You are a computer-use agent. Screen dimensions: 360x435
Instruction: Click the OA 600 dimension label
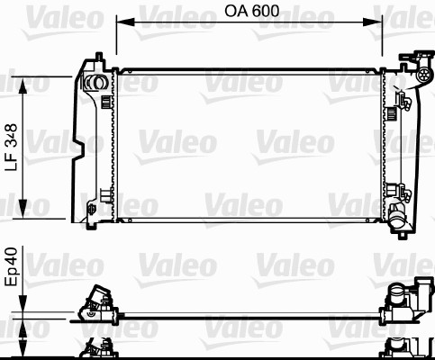pos(251,13)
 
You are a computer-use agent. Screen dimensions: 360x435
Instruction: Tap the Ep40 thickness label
pos(12,270)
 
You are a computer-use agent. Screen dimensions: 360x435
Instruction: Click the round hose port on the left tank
pos(91,85)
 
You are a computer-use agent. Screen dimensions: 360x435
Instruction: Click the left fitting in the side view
pos(95,303)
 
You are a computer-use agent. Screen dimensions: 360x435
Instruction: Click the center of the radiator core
pos(249,144)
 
